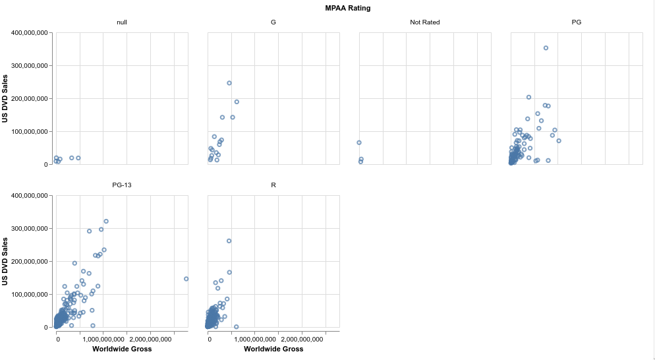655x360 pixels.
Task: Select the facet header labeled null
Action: point(122,22)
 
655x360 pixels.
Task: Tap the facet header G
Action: point(273,22)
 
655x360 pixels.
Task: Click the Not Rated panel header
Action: point(425,22)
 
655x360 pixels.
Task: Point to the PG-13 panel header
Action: point(122,185)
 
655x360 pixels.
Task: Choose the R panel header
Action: point(273,185)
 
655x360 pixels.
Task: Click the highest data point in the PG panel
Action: point(546,48)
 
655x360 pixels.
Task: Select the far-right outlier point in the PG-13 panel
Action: point(186,279)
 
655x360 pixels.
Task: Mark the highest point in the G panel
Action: point(229,83)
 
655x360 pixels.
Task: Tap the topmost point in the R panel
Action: point(229,241)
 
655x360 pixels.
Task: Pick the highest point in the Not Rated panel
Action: point(359,142)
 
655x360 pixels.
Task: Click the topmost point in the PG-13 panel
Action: point(106,222)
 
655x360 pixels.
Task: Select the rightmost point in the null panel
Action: point(78,158)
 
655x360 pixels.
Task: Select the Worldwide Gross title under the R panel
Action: point(273,349)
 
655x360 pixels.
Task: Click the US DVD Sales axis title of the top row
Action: point(6,98)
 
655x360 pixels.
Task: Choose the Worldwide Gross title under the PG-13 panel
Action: point(122,349)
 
